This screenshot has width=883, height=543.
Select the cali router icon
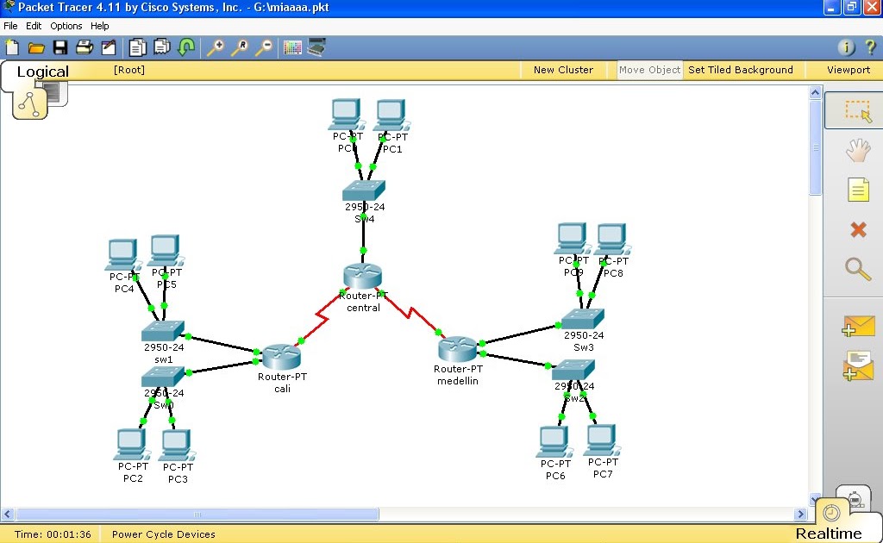[281, 356]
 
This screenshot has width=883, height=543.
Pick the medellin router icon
[457, 348]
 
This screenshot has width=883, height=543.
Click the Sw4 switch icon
[363, 190]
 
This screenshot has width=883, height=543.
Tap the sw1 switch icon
[163, 331]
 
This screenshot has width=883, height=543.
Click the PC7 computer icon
[600, 440]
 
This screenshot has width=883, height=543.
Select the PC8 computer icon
[611, 239]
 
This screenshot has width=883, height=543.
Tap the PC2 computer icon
[131, 445]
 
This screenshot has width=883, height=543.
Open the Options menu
[66, 26]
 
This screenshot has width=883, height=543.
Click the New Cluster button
[563, 70]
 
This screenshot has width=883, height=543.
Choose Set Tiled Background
[740, 70]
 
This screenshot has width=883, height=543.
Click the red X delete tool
[858, 229]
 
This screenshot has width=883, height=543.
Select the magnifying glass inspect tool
[858, 269]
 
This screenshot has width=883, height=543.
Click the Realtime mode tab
[828, 533]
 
